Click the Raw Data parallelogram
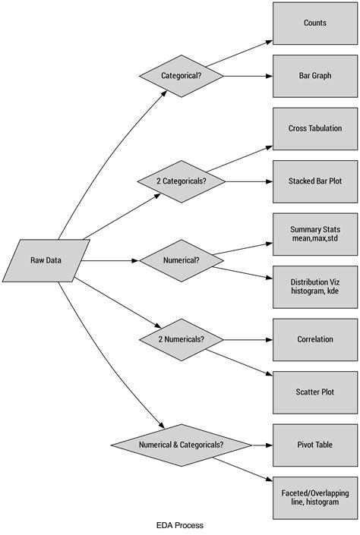(x=46, y=260)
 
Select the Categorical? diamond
(x=182, y=76)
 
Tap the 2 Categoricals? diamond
(x=182, y=181)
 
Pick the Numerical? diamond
(x=182, y=260)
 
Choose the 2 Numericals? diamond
(x=182, y=339)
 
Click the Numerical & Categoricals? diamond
(x=182, y=445)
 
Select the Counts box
(x=314, y=23)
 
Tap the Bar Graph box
(x=314, y=76)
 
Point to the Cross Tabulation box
(x=314, y=128)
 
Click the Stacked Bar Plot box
(x=314, y=181)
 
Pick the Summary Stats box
(x=314, y=234)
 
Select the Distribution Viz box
(x=314, y=287)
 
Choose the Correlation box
(x=314, y=339)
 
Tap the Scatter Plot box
(x=314, y=392)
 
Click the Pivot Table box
(x=314, y=445)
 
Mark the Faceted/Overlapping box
(x=314, y=497)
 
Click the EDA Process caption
(x=180, y=524)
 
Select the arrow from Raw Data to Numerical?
(x=110, y=260)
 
